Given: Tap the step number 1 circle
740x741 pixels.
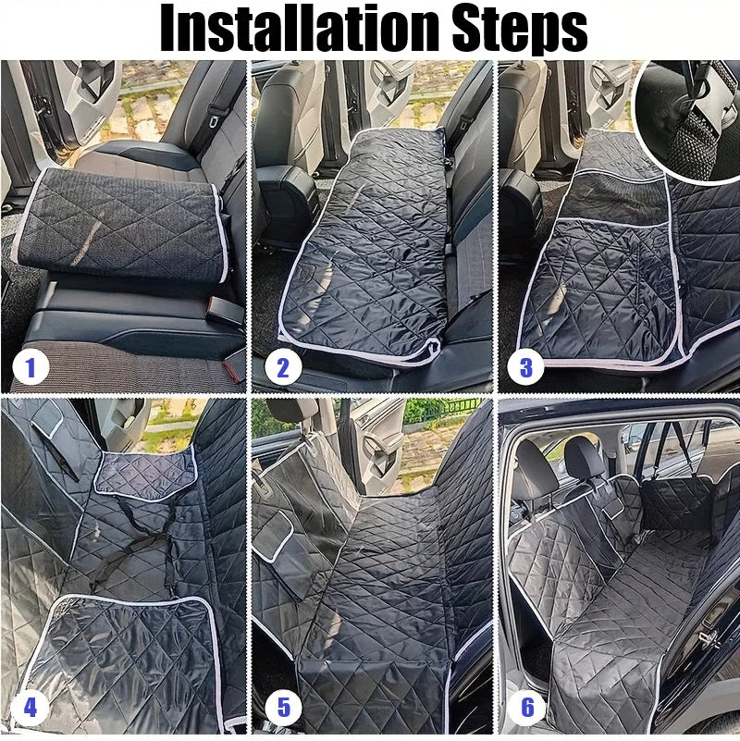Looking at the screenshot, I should click(x=31, y=368).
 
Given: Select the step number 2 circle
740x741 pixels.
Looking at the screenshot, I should click(x=283, y=368).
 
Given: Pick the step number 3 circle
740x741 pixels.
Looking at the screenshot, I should click(x=525, y=368).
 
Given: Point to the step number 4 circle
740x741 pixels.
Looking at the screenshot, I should click(x=31, y=709).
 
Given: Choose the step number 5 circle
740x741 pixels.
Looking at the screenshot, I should click(x=283, y=709).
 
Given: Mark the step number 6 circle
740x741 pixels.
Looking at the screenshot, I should click(x=527, y=709).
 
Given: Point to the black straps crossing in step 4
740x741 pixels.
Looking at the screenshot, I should click(x=139, y=546).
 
